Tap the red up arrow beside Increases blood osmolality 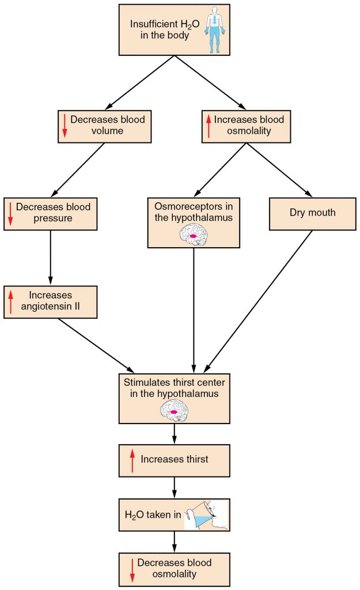209,125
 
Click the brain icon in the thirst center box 174,411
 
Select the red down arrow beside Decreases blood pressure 10,213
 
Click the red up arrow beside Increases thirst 132,460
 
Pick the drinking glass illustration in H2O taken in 206,514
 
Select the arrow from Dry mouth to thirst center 259,300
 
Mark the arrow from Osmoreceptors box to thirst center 194,311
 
